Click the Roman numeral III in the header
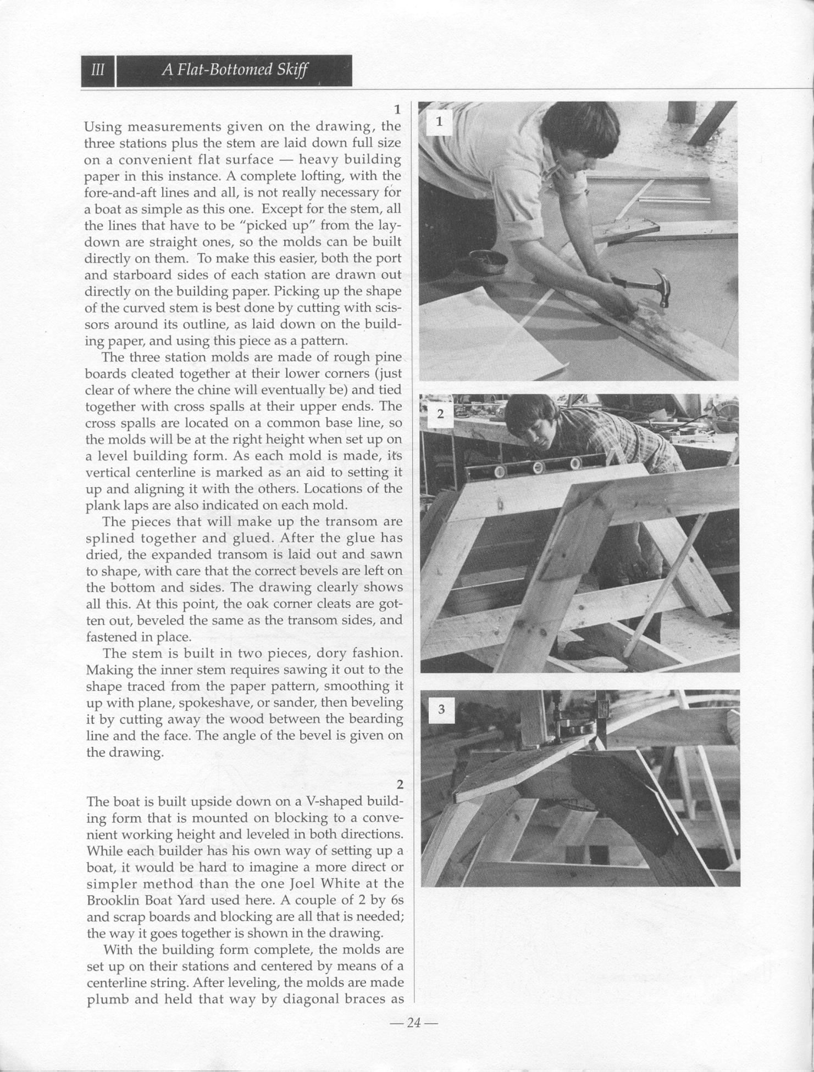(98, 71)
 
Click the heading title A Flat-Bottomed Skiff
(235, 70)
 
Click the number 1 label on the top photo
(439, 122)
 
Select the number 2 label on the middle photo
(440, 415)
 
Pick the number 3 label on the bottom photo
(441, 710)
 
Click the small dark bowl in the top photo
(488, 260)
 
